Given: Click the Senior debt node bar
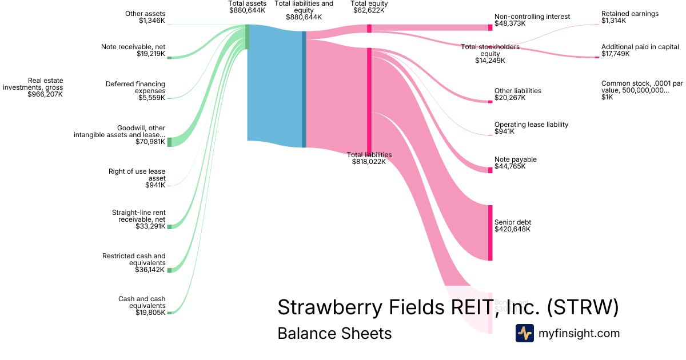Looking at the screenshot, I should pyautogui.click(x=490, y=233).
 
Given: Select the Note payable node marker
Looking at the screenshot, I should pyautogui.click(x=490, y=170).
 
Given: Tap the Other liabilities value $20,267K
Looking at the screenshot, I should pyautogui.click(x=510, y=98).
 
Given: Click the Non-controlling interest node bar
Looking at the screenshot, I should pyautogui.click(x=490, y=27).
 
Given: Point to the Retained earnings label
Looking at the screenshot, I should pyautogui.click(x=630, y=14).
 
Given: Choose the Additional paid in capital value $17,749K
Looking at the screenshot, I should pyautogui.click(x=615, y=54).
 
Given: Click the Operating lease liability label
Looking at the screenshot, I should pyautogui.click(x=531, y=125).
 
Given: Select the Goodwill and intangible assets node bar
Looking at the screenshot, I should pyautogui.click(x=169, y=142).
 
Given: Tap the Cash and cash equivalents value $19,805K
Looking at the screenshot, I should pyautogui.click(x=150, y=313).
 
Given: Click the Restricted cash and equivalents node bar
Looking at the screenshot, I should pyautogui.click(x=169, y=270).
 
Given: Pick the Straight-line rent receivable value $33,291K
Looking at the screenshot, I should pyautogui.click(x=150, y=226).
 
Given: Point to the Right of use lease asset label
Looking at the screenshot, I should pyautogui.click(x=137, y=175).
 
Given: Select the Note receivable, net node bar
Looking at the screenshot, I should pyautogui.click(x=169, y=57).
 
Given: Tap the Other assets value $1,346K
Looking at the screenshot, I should pyautogui.click(x=151, y=21).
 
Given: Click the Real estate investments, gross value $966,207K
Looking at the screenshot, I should pyautogui.click(x=45, y=94).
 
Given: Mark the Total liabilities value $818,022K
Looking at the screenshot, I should pyautogui.click(x=369, y=162).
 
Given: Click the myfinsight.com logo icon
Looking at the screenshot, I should pyautogui.click(x=524, y=333).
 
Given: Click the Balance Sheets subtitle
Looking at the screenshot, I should pyautogui.click(x=334, y=333).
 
